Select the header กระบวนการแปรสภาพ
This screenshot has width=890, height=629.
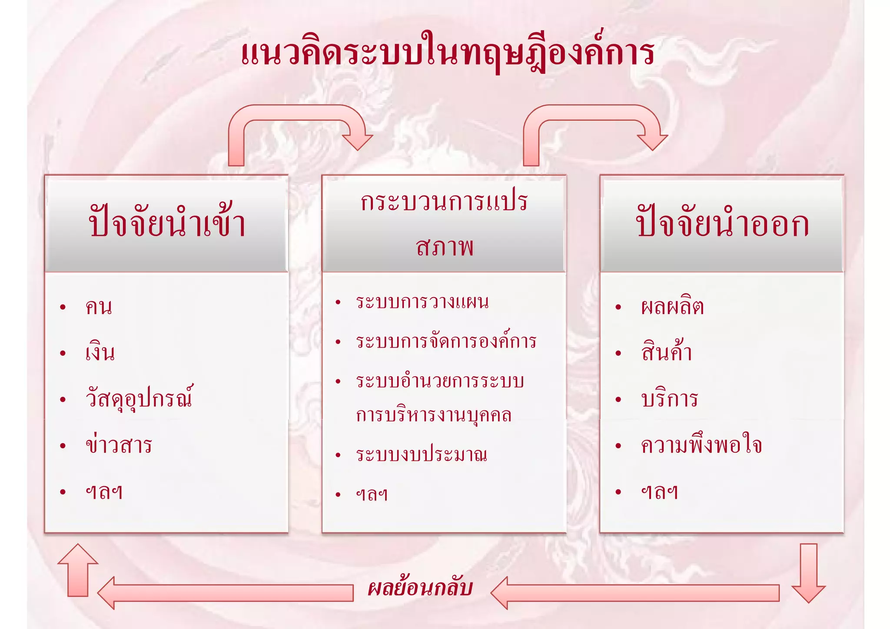point(444,224)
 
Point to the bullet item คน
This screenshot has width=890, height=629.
point(99,307)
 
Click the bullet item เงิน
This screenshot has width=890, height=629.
point(100,352)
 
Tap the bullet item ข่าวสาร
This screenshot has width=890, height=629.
point(119,445)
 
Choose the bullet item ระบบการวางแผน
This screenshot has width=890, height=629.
point(422,301)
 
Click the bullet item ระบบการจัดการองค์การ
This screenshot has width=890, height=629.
point(446,341)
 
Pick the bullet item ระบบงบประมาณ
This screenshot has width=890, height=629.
point(421,455)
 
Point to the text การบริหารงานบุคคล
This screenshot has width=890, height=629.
point(433,415)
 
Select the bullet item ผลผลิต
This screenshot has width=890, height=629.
point(672,307)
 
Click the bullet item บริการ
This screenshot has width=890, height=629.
point(669,399)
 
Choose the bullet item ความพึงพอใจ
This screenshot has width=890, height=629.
point(701,445)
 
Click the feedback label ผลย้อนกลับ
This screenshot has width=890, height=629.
point(420,588)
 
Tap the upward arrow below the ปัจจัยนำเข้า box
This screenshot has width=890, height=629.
point(78,569)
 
